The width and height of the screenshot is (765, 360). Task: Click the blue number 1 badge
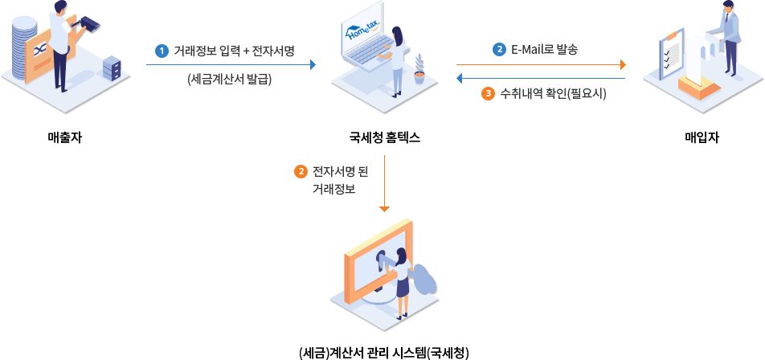[162, 51]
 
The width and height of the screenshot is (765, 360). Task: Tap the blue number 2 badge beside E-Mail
[499, 49]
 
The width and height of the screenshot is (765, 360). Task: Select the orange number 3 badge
[488, 93]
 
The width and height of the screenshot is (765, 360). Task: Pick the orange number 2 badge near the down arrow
[301, 171]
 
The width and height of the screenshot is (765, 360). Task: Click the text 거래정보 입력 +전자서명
[234, 51]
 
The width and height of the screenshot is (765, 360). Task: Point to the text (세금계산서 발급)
[229, 79]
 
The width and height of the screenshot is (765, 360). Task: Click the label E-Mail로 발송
[544, 49]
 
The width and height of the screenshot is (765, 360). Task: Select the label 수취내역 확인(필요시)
[553, 93]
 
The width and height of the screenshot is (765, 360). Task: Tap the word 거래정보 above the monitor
[333, 190]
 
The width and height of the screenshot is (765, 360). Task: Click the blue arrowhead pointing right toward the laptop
[313, 64]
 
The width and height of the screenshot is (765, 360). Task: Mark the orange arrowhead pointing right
[622, 64]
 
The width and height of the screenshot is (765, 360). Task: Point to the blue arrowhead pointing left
[460, 78]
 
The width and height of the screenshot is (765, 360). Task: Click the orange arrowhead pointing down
[384, 208]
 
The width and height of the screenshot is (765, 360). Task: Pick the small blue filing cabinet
[112, 68]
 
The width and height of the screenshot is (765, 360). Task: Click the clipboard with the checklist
[670, 53]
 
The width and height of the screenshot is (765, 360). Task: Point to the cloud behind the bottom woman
[424, 280]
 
